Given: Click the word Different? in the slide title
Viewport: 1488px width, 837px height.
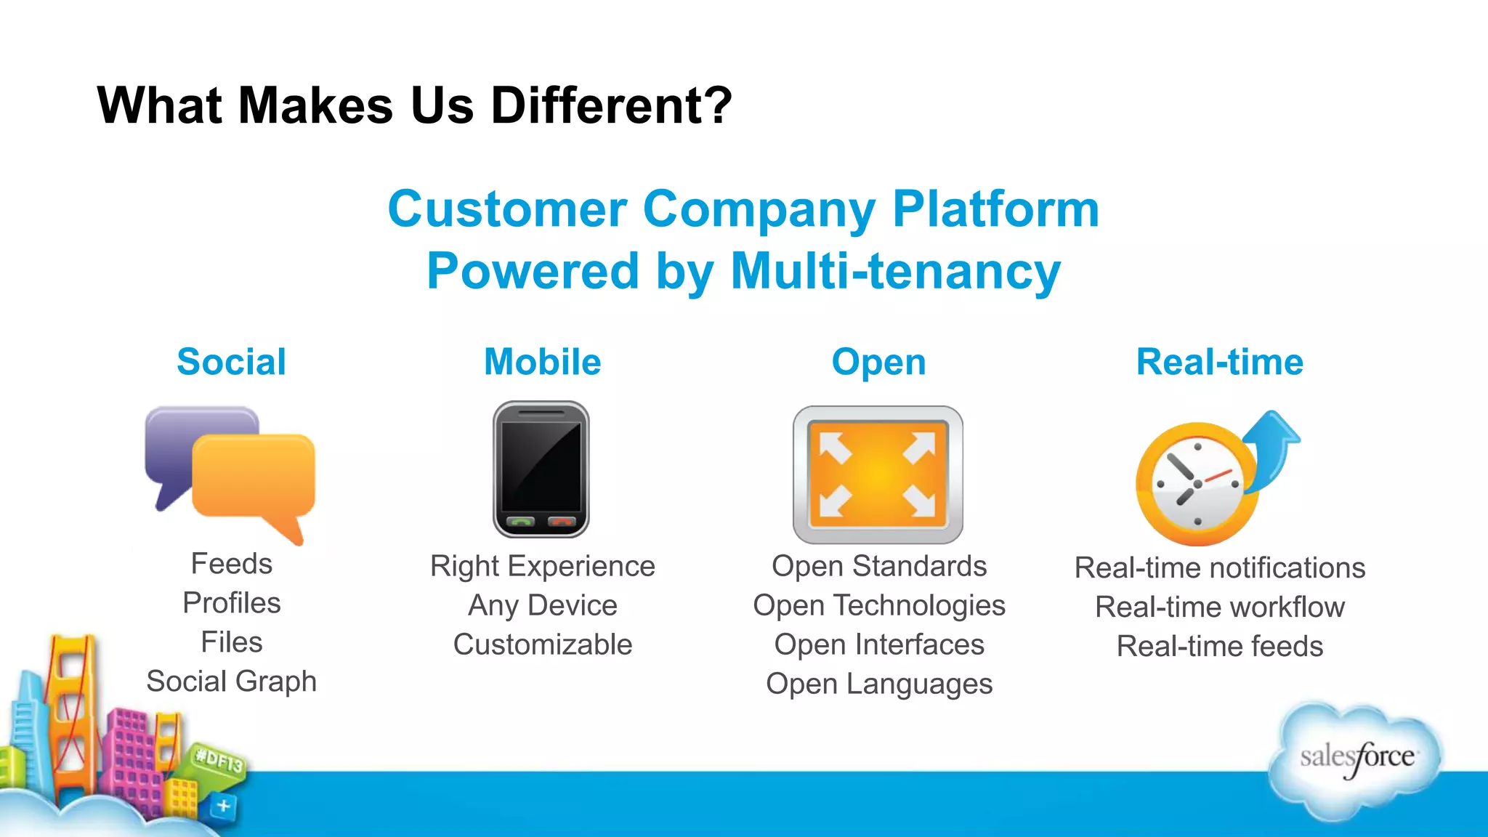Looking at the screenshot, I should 611,106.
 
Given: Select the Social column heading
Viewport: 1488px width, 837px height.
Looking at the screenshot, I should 231,362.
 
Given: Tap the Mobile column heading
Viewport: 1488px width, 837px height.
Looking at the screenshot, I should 542,362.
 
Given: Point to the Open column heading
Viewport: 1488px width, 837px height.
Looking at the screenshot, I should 878,362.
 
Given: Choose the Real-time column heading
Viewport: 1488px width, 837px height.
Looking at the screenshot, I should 1219,362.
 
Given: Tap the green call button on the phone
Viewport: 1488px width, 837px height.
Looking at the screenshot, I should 520,522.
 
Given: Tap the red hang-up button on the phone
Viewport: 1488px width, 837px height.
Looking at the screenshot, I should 562,522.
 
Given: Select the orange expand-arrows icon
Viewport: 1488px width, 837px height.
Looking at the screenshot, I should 878,475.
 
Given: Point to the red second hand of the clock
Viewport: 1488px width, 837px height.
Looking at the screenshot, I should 1218,477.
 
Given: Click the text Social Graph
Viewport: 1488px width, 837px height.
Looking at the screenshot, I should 231,682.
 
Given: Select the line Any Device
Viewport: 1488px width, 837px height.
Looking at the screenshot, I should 542,605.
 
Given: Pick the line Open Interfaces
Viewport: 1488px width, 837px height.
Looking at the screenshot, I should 878,644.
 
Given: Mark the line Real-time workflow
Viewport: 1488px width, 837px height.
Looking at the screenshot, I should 1219,607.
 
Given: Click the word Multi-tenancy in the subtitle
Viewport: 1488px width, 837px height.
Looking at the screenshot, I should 895,271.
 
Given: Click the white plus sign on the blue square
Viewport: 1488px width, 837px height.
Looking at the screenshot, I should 224,806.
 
